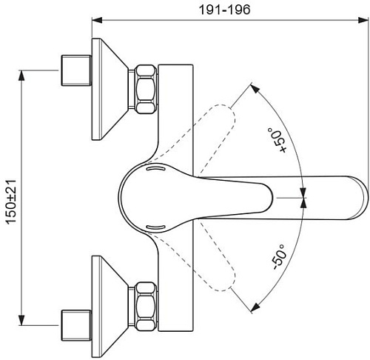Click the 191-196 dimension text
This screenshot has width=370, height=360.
click(224, 10)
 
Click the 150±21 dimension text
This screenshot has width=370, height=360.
click(11, 202)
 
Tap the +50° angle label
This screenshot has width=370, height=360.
click(277, 140)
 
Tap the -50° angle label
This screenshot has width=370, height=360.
click(279, 257)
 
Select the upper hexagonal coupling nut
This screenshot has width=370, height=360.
click(147, 89)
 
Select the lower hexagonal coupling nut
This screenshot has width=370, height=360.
click(147, 307)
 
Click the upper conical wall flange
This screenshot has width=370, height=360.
click(110, 89)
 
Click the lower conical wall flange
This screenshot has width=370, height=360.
click(110, 307)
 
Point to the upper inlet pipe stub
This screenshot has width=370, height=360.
click(76, 70)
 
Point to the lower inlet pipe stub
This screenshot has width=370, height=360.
click(76, 325)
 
